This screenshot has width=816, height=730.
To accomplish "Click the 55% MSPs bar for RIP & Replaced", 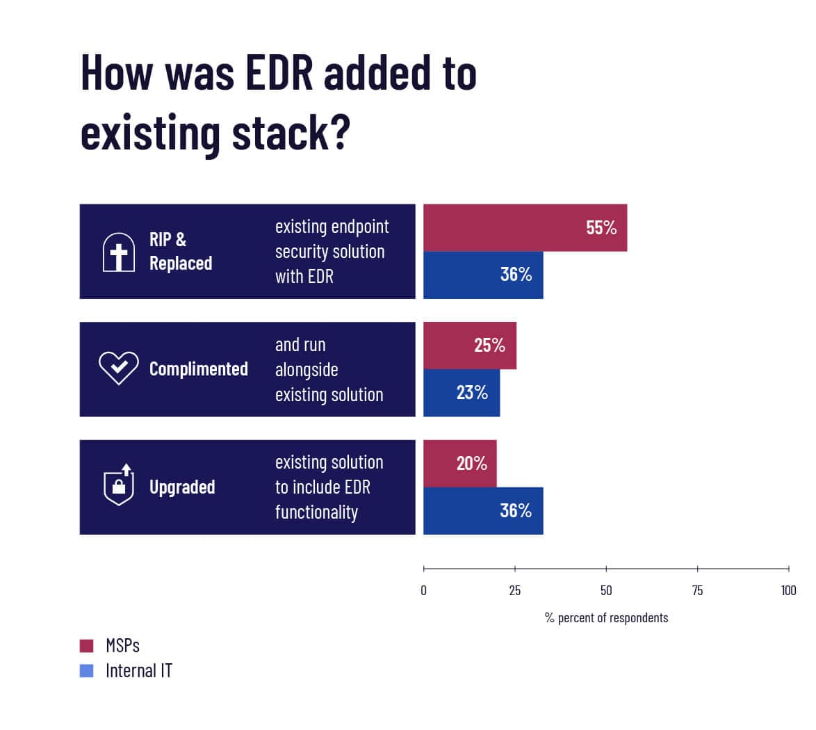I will coord(525,227).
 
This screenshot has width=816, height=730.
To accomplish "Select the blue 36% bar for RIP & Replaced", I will coord(483,275).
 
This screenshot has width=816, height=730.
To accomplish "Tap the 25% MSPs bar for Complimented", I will coord(470,346).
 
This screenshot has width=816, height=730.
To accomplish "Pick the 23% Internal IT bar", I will coord(462,393).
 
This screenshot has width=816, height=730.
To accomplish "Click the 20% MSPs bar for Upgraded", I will coord(460,464).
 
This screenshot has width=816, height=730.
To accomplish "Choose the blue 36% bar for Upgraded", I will coord(483,511).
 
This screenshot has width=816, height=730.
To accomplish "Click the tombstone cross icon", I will coord(119,252).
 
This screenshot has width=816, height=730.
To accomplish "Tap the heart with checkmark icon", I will coord(119,368).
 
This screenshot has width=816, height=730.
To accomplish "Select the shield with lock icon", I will coord(119,485).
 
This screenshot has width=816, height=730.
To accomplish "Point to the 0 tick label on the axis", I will coord(424,591).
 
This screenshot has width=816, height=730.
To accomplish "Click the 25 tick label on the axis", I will coord(515,591).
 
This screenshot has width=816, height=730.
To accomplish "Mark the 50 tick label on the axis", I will coord(606,591).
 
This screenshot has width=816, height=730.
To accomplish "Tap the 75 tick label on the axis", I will coord(697,591).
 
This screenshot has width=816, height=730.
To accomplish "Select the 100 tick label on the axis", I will coord(788,591).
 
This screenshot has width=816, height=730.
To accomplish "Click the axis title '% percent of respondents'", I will coord(606,618).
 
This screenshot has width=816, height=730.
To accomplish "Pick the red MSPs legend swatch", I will coord(87,646).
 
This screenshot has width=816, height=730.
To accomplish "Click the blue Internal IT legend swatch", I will coord(87,671).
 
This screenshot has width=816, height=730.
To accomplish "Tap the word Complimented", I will coord(198,369).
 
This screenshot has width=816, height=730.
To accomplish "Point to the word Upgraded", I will coord(182,487).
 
